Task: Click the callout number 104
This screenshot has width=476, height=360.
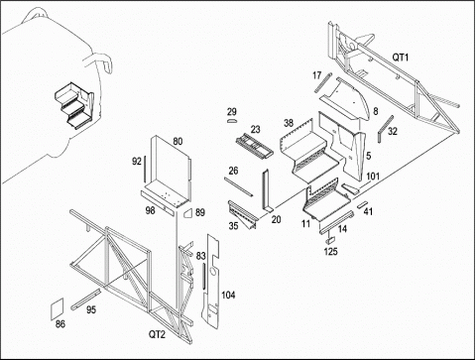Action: (228, 295)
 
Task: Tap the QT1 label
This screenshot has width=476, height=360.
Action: (401, 58)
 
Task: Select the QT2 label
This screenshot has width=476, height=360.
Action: (157, 334)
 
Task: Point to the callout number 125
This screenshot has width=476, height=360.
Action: (330, 252)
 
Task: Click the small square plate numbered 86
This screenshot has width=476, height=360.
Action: (57, 308)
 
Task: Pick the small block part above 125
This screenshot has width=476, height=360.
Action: (331, 239)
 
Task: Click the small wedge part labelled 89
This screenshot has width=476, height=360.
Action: (187, 212)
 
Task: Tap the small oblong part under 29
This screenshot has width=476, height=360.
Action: (232, 120)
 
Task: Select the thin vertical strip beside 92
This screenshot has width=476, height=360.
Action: (144, 169)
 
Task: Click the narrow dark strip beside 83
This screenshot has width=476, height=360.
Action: (204, 276)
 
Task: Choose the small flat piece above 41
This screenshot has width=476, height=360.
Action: (362, 204)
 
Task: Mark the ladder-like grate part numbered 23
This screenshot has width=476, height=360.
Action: (255, 146)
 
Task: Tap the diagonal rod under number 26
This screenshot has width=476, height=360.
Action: (238, 187)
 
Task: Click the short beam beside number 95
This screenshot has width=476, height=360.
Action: (85, 300)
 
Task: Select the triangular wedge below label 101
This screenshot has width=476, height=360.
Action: (350, 188)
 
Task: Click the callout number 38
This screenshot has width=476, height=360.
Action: (289, 123)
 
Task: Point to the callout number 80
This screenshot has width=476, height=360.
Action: (178, 142)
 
